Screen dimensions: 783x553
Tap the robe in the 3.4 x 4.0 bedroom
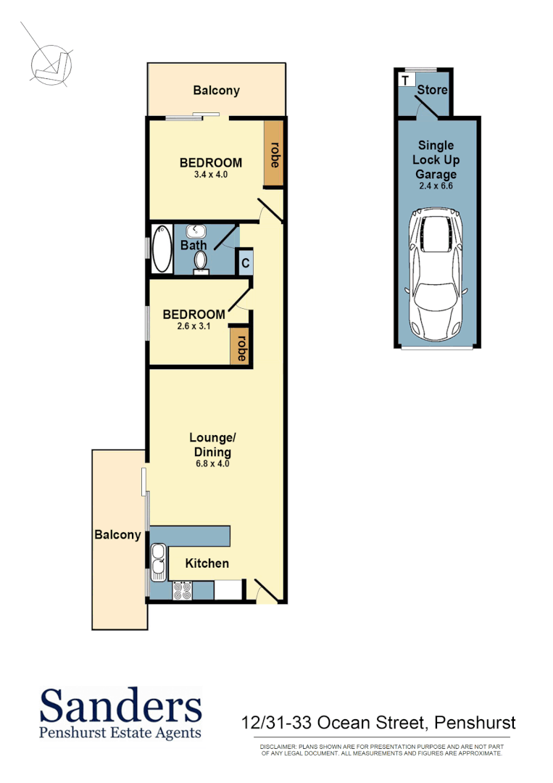(x=274, y=154)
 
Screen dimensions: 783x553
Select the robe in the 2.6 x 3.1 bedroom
(x=241, y=348)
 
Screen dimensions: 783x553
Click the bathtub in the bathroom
(x=161, y=249)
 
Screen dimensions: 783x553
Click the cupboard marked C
(x=246, y=262)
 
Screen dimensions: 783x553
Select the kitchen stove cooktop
(x=182, y=592)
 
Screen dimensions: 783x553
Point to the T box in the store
(x=405, y=79)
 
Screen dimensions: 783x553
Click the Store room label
(x=433, y=91)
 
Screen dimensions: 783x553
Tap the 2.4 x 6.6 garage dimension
(x=436, y=186)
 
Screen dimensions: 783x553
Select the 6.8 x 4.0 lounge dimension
(x=212, y=463)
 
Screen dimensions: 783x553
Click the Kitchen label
(x=207, y=563)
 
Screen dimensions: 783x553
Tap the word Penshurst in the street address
(x=474, y=722)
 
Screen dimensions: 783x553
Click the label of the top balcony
(x=216, y=91)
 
